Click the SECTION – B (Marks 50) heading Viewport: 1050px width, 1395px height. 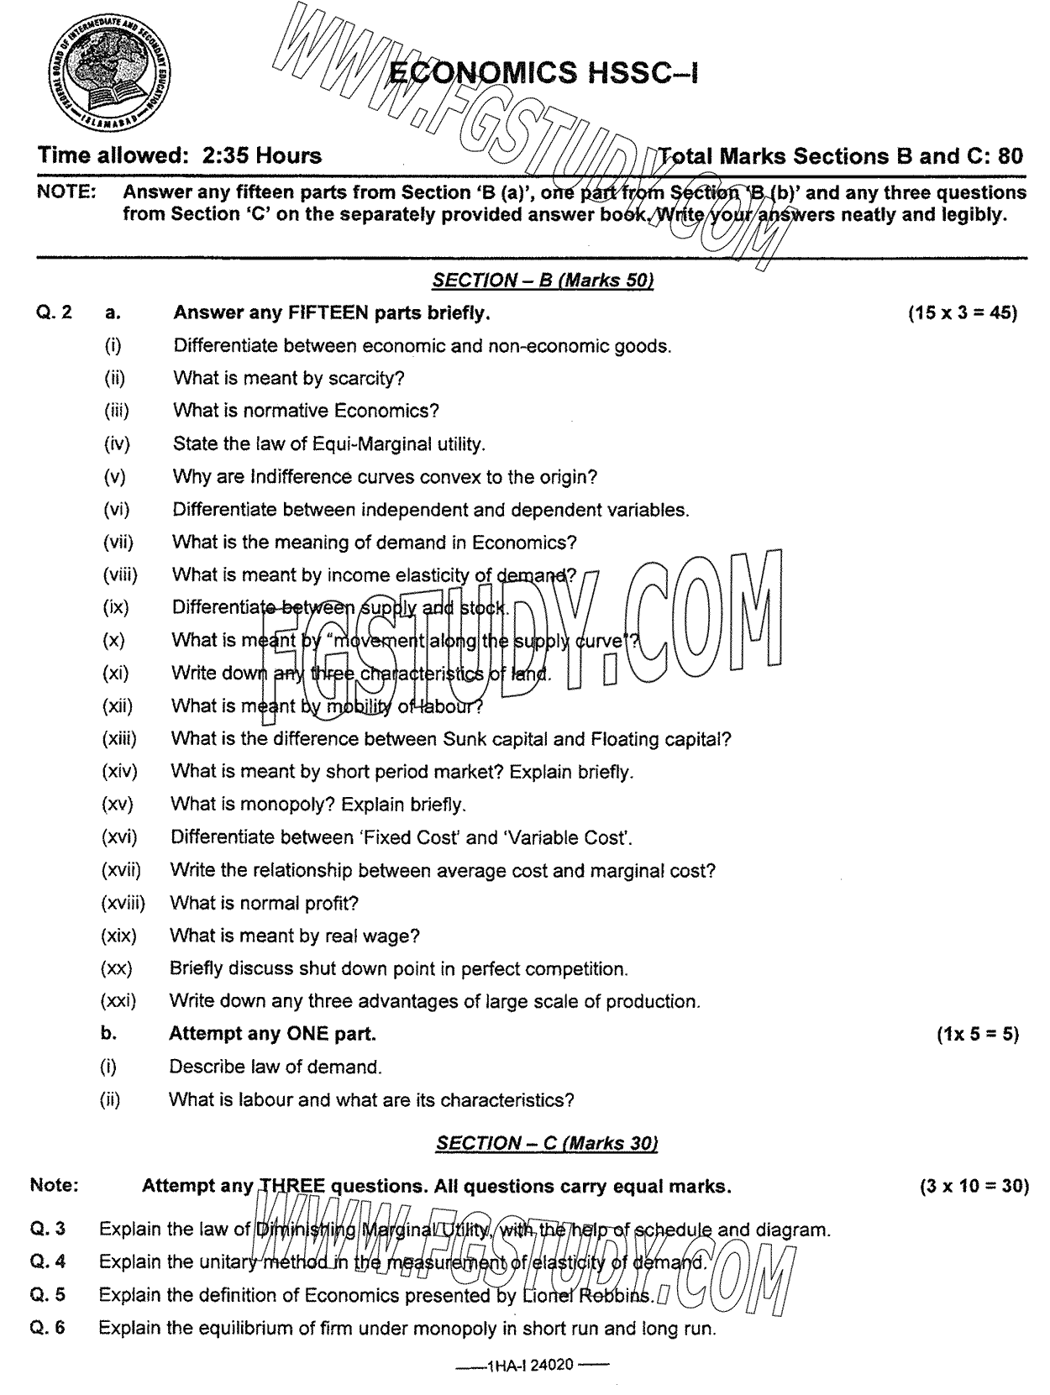pyautogui.click(x=542, y=281)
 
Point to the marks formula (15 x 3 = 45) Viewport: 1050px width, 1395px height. pyautogui.click(x=963, y=313)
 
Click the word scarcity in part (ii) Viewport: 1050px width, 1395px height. pyautogui.click(x=365, y=378)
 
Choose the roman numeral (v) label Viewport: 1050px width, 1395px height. pyautogui.click(x=114, y=477)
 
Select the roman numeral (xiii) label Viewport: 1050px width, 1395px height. pyautogui.click(x=118, y=739)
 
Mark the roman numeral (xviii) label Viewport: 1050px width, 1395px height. pyautogui.click(x=123, y=903)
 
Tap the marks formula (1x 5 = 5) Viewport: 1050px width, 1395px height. pyautogui.click(x=977, y=1034)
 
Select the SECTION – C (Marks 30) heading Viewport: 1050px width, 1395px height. pyautogui.click(x=547, y=1142)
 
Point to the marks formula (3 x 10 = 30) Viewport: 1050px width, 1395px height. pyautogui.click(x=974, y=1186)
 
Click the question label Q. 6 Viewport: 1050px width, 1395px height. pyautogui.click(x=49, y=1328)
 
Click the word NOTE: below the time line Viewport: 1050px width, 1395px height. pyautogui.click(x=66, y=192)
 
